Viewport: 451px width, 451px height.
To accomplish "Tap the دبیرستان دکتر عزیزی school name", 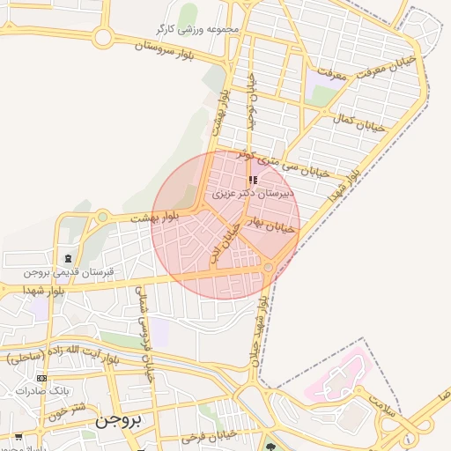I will coord(254,192).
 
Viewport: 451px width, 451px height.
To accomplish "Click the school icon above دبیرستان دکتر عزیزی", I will coord(254,179).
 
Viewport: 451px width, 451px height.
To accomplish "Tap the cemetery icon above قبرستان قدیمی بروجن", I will coord(69,257).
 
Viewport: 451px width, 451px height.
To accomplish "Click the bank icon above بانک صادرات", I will coord(41,378).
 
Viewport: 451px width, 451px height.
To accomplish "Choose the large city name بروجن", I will coord(116,422).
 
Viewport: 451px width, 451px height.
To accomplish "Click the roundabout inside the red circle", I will coord(268,267).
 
